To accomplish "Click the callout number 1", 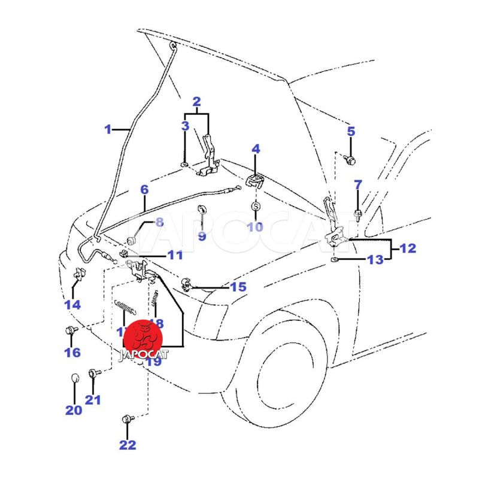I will coord(108,129).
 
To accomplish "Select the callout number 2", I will coord(196,102).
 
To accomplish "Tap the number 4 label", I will coord(255,148).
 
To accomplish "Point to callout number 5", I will coord(351,132).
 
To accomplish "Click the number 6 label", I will coord(144,190).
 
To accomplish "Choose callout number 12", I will coord(408,248).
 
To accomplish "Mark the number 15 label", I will coord(238,287).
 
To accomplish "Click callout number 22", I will coord(128,445).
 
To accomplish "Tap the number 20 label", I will coord(73,411).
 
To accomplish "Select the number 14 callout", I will coord(72,305).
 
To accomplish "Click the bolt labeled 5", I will coord(351,160).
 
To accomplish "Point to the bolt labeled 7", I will coord(358,214).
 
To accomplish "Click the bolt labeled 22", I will coord(127,419).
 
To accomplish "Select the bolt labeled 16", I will coord(70,330).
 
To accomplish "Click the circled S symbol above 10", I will coord(255,207).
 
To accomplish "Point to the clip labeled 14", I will coord(78,276).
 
